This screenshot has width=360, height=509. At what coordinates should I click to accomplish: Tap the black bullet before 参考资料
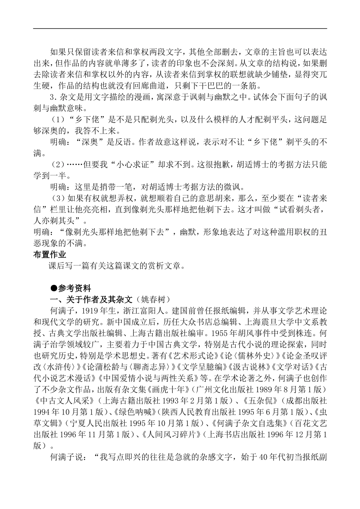click(55, 288)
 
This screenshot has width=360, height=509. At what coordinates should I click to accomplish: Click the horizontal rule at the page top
click(180, 28)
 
